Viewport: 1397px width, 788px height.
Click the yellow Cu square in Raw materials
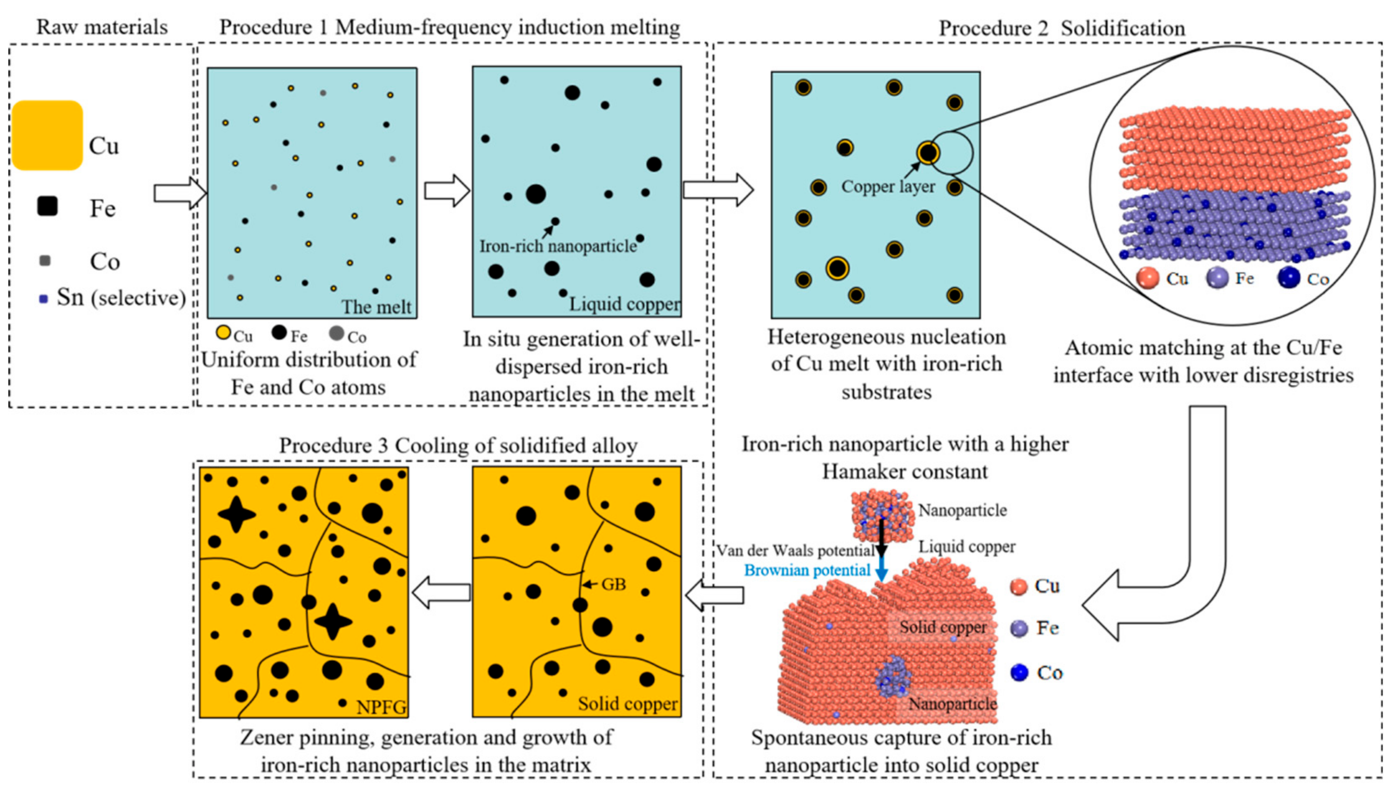tap(47, 135)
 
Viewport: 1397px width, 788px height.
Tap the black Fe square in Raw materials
tap(47, 207)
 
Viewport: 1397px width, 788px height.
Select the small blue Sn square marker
tap(43, 299)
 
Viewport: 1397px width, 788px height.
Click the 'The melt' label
tap(376, 307)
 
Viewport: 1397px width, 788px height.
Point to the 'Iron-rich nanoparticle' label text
tap(558, 246)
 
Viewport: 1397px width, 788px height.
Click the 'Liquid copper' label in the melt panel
tap(624, 304)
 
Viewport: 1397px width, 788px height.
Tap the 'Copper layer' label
tap(888, 187)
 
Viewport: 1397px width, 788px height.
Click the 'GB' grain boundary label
tap(613, 584)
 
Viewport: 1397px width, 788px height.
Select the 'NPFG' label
tap(381, 707)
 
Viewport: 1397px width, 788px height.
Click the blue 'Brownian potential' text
tap(807, 570)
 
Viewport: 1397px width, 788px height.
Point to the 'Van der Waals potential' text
tap(796, 550)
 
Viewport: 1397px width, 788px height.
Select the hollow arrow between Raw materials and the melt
tap(179, 192)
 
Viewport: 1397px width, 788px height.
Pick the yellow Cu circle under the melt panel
tap(223, 333)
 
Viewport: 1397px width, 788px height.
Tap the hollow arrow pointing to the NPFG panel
tap(441, 592)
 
